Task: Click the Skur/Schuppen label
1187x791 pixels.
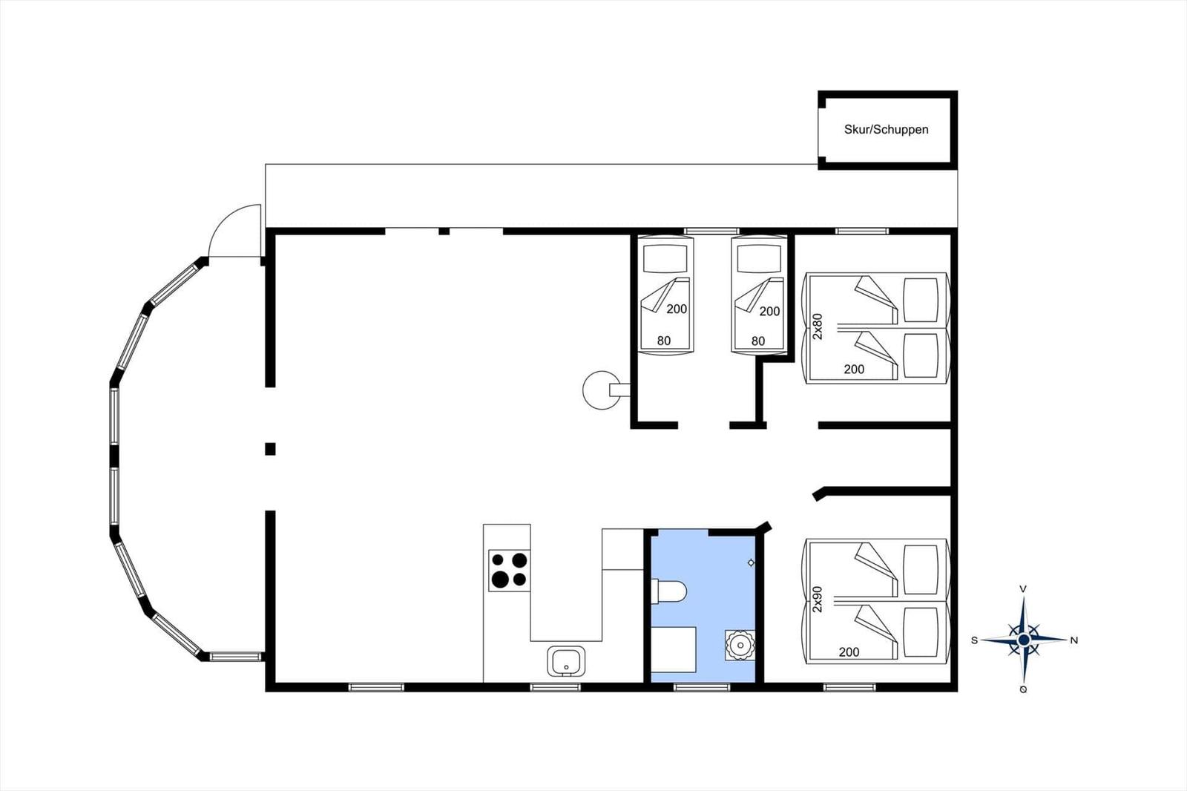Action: tap(886, 129)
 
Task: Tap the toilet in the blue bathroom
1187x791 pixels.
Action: tap(668, 592)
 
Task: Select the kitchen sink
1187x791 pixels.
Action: tap(567, 661)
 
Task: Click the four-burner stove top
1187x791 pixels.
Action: tap(509, 570)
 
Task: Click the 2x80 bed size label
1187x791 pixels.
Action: tap(818, 326)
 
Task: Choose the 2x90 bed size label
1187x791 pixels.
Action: tap(818, 599)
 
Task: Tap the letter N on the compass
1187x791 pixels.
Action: tap(1074, 640)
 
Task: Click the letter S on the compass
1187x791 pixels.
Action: tap(974, 640)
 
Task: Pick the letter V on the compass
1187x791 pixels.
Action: tap(1023, 589)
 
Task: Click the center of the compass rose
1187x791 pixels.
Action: tap(1024, 640)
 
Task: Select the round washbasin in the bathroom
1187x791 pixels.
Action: tap(739, 645)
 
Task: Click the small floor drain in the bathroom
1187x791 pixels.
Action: tap(751, 562)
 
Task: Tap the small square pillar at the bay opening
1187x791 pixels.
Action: tap(270, 449)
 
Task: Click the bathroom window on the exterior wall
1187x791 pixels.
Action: tap(702, 688)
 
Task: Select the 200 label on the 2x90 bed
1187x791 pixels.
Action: tap(849, 651)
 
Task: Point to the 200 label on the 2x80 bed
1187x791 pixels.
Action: tap(854, 369)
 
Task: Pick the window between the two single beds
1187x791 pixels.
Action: tap(711, 232)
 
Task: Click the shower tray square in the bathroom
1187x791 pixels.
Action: tap(673, 649)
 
